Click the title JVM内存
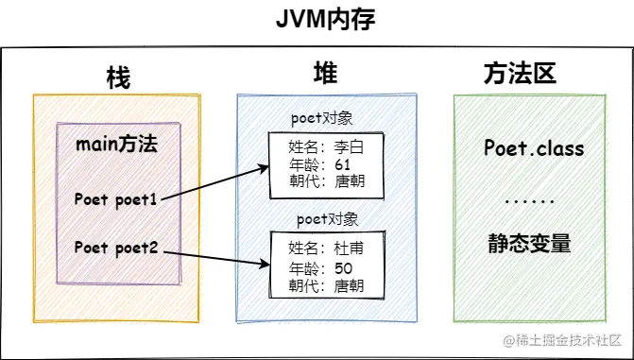click(x=325, y=20)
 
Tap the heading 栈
click(x=118, y=77)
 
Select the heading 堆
click(x=326, y=73)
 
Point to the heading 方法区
click(x=520, y=74)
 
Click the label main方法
click(x=116, y=145)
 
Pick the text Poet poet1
click(x=115, y=199)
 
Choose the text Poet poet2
click(x=116, y=248)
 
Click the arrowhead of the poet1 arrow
click(x=266, y=167)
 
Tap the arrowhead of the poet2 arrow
click(x=266, y=265)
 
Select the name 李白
click(x=349, y=147)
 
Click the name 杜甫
click(x=349, y=248)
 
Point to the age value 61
click(x=342, y=164)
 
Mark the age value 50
click(x=344, y=268)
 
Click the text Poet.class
click(x=534, y=148)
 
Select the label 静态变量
click(x=529, y=244)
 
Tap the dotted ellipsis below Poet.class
click(x=530, y=201)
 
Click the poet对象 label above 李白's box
click(x=322, y=119)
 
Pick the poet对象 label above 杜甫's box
click(x=328, y=219)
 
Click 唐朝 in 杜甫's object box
click(x=349, y=286)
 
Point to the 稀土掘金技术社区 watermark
click(x=562, y=340)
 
